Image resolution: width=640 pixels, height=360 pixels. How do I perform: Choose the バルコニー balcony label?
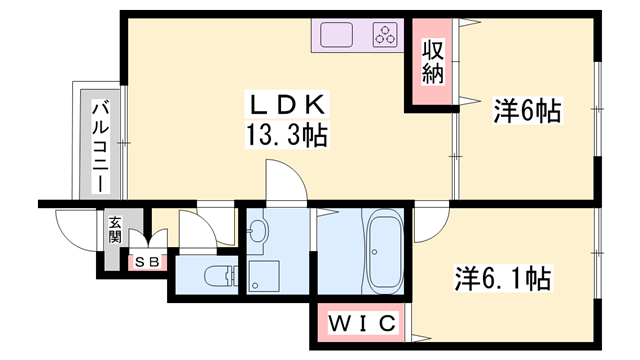101,146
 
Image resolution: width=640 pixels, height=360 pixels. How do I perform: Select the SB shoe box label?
147,262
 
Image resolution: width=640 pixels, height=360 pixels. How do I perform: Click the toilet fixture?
216,275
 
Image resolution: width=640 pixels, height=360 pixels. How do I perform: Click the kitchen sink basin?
338,36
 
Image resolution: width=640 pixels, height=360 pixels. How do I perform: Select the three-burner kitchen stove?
385,36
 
